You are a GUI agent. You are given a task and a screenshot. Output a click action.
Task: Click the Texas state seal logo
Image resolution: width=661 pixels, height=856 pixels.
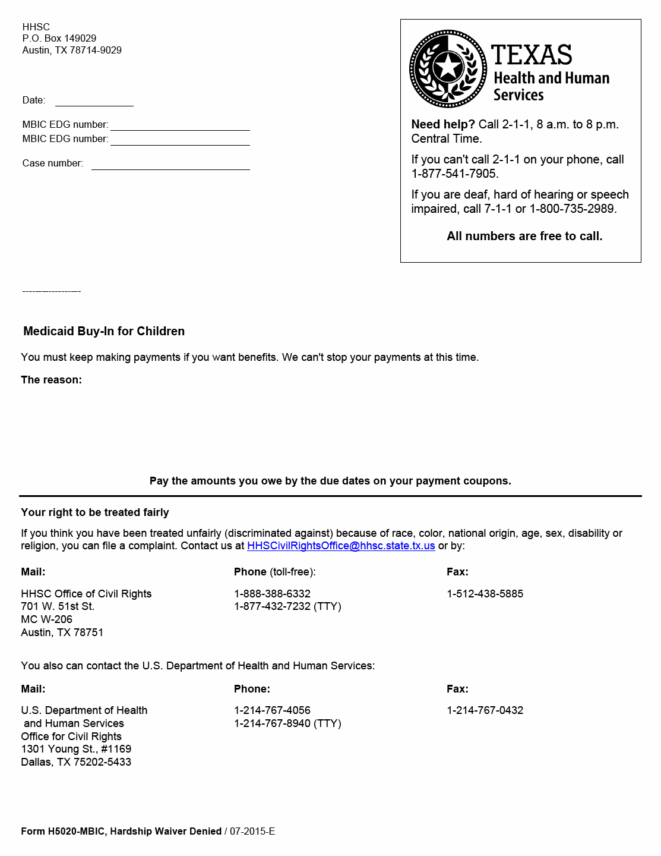coord(448,68)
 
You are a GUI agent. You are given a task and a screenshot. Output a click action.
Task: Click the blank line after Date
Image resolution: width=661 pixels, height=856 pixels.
coord(94,101)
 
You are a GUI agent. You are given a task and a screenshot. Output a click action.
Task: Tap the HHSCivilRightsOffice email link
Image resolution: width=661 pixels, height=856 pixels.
coord(341,546)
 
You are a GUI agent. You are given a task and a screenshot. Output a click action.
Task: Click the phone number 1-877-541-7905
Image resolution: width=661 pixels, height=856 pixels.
coord(454,174)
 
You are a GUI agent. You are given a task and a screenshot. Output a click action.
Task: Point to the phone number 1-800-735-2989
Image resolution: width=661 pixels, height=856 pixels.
coord(573,209)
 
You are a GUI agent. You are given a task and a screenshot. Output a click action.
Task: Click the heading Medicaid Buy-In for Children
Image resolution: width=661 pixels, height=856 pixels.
coord(104,331)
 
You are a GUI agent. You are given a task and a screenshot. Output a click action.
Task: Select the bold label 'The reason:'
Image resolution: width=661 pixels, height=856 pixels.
coord(51,380)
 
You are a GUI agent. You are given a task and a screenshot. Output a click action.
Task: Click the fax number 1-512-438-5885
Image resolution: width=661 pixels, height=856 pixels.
coord(485,594)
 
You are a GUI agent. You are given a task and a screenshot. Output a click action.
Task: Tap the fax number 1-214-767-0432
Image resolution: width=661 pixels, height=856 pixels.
coord(485,710)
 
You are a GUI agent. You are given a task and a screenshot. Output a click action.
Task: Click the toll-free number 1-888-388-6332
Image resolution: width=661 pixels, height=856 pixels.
coord(272,594)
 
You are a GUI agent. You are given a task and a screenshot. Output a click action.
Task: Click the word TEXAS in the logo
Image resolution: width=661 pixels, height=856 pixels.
coord(532,55)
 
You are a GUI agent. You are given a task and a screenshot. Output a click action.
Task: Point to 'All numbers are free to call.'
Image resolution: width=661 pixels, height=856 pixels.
coord(524,236)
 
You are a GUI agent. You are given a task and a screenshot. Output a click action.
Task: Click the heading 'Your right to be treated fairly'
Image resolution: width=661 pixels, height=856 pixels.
coord(95,512)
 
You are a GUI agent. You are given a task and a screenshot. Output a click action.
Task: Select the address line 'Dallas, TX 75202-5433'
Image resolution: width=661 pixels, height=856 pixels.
coord(76,762)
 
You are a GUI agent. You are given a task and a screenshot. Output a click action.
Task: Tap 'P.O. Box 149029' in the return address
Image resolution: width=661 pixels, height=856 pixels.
coord(59,39)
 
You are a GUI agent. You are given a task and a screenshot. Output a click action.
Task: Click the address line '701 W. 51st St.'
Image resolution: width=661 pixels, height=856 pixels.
coord(58,606)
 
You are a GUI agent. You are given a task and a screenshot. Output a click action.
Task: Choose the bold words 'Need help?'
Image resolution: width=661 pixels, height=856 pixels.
coord(443,124)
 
